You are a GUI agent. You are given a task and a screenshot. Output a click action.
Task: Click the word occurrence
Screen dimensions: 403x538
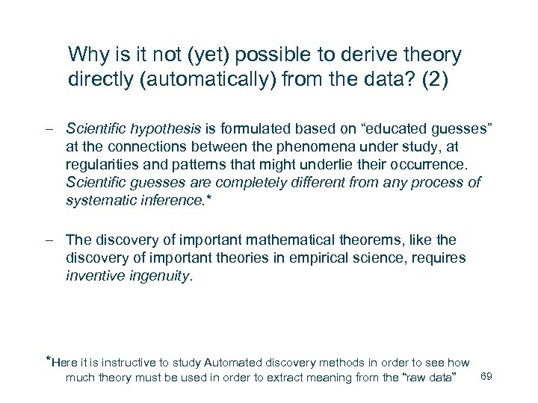point(424,165)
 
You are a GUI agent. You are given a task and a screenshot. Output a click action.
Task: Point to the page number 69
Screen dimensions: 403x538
point(486,375)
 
